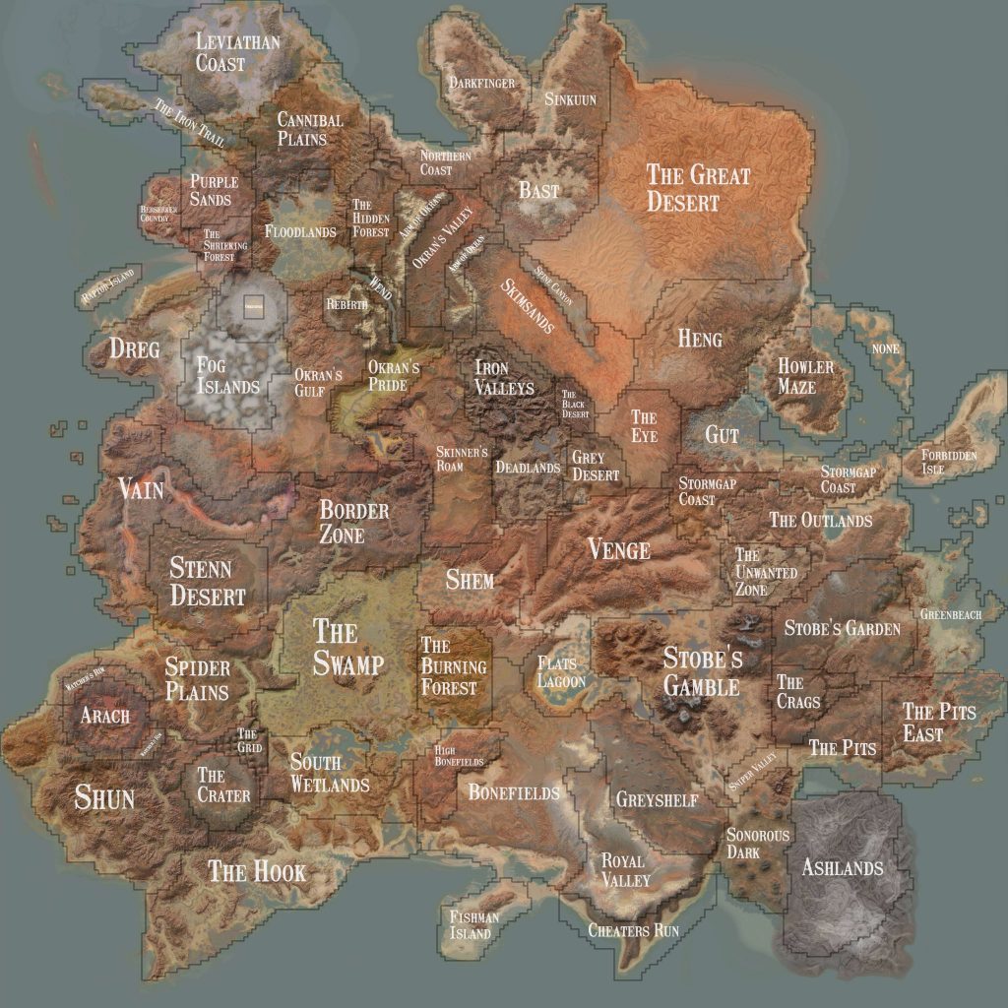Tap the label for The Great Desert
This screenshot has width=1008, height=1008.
point(697,188)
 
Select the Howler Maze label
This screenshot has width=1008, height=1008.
point(805,376)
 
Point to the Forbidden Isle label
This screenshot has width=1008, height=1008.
point(949,462)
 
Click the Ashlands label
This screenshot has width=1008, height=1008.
point(842,868)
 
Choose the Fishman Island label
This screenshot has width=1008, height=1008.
point(473,925)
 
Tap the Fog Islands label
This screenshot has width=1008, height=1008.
point(226,375)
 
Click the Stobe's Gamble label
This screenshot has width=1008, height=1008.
point(702,671)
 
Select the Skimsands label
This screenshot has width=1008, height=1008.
point(528,304)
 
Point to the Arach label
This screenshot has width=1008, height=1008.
point(104,716)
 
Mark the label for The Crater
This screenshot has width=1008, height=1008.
point(223,785)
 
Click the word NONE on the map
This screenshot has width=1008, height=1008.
point(885,348)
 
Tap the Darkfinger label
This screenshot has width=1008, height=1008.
point(482,84)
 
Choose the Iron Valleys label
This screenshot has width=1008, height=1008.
point(504,377)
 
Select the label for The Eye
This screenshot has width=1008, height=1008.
point(644,426)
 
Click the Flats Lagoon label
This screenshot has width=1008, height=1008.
point(561,672)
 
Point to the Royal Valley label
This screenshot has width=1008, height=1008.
point(625,870)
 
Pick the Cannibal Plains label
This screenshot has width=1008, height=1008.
point(309,129)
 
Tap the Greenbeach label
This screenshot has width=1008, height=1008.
point(951,614)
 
